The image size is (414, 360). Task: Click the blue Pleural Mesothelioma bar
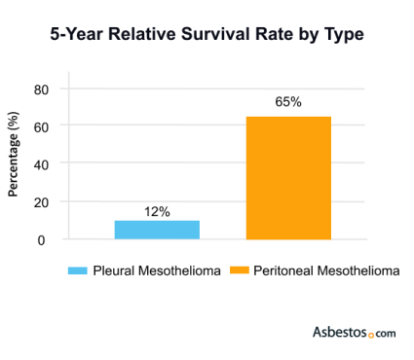(x=157, y=230)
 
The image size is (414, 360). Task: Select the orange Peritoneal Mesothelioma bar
(x=288, y=178)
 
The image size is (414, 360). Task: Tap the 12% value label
(x=158, y=211)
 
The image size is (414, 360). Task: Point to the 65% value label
(x=289, y=101)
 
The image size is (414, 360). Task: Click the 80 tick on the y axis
(x=41, y=90)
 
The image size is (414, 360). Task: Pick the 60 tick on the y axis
(x=41, y=126)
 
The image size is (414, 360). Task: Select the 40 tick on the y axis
(x=41, y=164)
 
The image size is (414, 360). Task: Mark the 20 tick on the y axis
(x=41, y=201)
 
